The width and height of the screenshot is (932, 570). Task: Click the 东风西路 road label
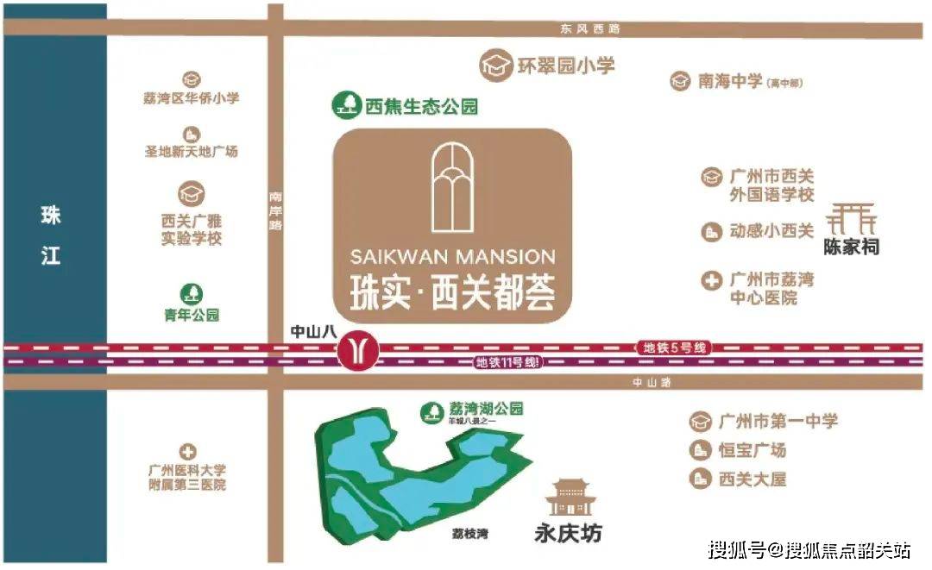[x=589, y=28]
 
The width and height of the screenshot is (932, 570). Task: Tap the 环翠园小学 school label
[x=566, y=66]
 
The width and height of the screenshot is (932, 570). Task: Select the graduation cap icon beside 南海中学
[x=680, y=82]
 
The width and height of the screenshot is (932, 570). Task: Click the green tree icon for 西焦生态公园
[x=346, y=106]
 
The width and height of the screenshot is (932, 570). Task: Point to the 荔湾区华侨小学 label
[x=192, y=98]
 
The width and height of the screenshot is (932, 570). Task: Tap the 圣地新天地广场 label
[x=191, y=152]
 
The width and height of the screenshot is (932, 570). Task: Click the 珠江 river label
[x=51, y=235]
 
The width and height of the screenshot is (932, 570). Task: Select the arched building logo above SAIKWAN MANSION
[x=450, y=187]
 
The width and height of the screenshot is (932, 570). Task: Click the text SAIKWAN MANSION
[x=453, y=257]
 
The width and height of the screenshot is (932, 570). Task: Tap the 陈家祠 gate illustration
[x=851, y=220]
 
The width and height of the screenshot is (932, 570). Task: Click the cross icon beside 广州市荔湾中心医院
[x=711, y=281]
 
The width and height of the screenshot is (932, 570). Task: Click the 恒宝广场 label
[x=752, y=450]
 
